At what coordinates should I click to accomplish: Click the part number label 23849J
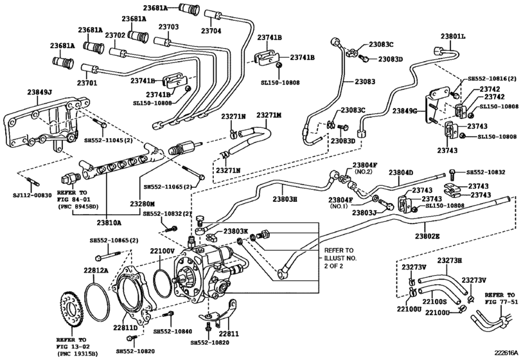coord(39,92)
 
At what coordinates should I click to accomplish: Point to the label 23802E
coord(427,237)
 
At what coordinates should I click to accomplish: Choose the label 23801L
coord(453,36)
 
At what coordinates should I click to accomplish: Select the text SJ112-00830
coord(33,195)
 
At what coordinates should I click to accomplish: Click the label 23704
coord(211,31)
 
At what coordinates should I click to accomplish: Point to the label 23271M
coord(269,115)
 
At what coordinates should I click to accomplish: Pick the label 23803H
coord(285,199)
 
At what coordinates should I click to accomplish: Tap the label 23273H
coord(449,260)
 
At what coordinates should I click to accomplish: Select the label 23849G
coord(404,111)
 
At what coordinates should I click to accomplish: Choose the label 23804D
coord(401,172)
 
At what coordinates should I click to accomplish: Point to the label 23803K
coord(235,231)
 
